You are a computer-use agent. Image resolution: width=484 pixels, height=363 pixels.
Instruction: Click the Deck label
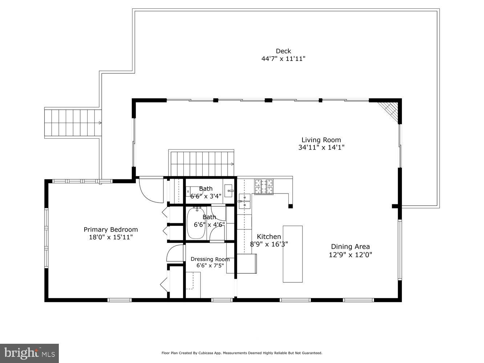pos(283,51)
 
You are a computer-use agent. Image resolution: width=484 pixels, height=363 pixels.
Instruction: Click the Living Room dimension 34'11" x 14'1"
pos(321,148)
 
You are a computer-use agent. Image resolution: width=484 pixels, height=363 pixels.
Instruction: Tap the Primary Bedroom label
pos(111,229)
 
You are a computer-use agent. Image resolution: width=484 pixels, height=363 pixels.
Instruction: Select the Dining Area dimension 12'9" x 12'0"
pos(350,255)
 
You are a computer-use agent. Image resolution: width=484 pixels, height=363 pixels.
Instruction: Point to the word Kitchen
pos(269,237)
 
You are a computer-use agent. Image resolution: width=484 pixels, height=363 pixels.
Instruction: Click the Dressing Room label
pos(210,259)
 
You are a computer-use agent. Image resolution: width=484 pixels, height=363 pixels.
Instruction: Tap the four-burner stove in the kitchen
pos(264,187)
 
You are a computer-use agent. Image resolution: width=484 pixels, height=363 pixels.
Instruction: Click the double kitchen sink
pos(244,201)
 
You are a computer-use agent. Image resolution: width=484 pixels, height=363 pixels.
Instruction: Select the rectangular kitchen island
pos(293,254)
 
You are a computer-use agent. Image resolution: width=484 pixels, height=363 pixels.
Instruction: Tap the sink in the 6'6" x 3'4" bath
pos(229,190)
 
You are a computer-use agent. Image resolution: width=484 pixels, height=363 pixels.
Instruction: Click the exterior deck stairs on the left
pos(73,123)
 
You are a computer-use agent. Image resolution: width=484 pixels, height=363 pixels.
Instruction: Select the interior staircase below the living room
pos(202,163)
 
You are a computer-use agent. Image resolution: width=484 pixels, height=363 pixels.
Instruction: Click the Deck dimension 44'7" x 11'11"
pos(283,59)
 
